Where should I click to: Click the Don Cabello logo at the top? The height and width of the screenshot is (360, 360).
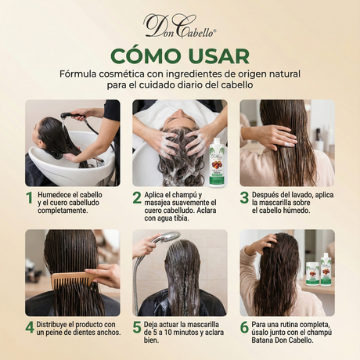click(x=180, y=27)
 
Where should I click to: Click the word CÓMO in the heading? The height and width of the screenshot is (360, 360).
click(x=146, y=56)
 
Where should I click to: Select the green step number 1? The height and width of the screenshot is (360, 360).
click(x=30, y=198)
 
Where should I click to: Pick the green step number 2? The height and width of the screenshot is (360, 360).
click(x=137, y=198)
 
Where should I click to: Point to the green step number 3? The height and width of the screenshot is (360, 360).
click(x=244, y=198)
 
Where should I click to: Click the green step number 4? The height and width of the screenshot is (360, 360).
click(x=30, y=327)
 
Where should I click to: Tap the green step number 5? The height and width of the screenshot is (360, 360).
click(x=137, y=327)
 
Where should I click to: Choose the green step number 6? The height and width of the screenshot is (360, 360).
click(x=244, y=327)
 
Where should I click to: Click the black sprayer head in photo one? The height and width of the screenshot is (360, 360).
click(x=67, y=115)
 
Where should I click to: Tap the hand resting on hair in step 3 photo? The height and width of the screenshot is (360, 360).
click(x=272, y=135)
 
